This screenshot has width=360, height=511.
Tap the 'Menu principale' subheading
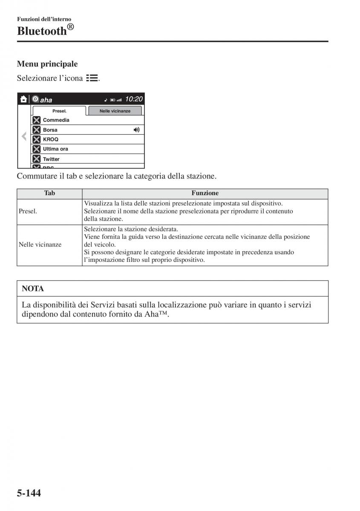(x=47, y=64)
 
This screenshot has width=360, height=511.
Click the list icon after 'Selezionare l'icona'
(x=92, y=78)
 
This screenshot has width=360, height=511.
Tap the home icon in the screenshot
(x=24, y=99)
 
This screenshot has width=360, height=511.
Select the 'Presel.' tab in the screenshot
(x=59, y=111)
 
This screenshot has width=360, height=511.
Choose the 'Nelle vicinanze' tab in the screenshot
(x=115, y=111)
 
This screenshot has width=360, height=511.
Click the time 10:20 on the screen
(x=134, y=99)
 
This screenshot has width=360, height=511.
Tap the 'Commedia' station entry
(x=56, y=120)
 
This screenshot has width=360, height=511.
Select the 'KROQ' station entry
(x=51, y=139)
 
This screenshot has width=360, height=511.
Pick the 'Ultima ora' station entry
(x=55, y=149)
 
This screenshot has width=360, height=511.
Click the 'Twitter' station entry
(x=51, y=159)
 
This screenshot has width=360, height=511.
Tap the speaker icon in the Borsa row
(x=136, y=130)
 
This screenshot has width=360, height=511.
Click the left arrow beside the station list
(x=24, y=137)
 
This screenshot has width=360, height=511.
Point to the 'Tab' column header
(x=49, y=193)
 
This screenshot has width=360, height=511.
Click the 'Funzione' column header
(x=205, y=193)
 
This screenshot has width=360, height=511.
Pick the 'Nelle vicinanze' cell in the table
(x=40, y=245)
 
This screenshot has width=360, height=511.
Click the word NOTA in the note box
(x=33, y=289)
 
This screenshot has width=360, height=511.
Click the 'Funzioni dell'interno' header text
(x=44, y=19)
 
